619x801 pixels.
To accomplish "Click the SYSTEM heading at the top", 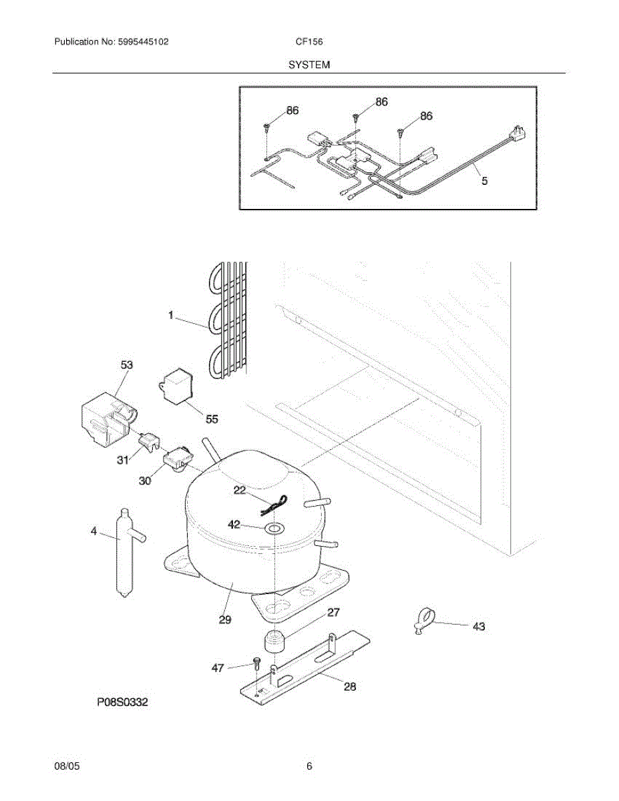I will pos(309,65).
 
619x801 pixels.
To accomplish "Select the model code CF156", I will pos(309,42).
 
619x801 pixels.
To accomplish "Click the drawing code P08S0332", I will pos(122,702).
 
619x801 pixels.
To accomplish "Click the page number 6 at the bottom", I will pos(309,766).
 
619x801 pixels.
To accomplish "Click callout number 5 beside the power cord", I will pos(485,180).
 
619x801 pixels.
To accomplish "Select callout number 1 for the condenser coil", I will pos(171,315).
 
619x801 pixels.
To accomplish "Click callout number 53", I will pos(126,364).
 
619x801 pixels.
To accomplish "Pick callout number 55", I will pos(212,419).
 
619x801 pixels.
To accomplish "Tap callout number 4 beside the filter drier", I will pos(94,531).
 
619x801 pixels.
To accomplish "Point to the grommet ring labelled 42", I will pos(274,528).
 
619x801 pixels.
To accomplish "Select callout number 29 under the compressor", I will pos(225,619).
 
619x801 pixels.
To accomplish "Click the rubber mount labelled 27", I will pos(273,641).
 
